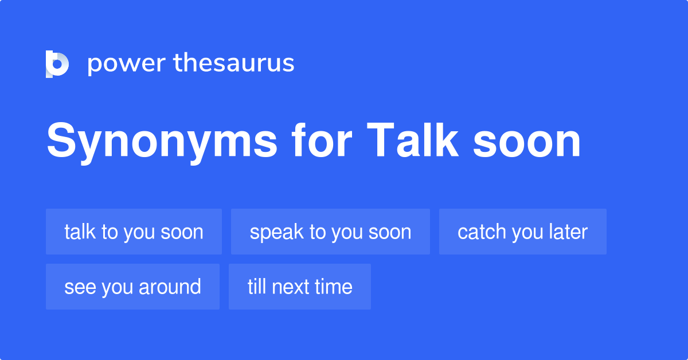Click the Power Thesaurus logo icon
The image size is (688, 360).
[x=57, y=64]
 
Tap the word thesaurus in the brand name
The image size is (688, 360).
[x=234, y=63]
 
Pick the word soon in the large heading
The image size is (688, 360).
[x=527, y=142]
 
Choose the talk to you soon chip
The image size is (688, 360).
[x=134, y=232]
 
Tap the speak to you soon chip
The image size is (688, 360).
[x=330, y=232]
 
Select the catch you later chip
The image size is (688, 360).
[x=522, y=232]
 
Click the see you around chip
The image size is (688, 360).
[x=132, y=287]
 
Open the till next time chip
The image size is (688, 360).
[x=299, y=287]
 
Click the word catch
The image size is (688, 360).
[x=482, y=232]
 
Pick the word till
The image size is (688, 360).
[x=257, y=287]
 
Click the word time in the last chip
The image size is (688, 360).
[x=334, y=287]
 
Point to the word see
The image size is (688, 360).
[x=80, y=287]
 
